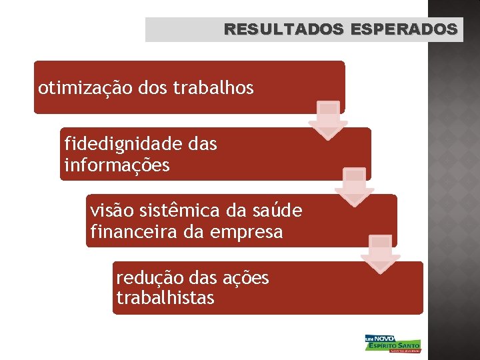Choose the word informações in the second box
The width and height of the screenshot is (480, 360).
tap(117, 165)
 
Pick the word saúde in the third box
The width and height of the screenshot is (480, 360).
tap(277, 211)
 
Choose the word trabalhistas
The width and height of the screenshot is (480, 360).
tap(165, 298)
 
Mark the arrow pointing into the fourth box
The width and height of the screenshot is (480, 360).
tap(381, 253)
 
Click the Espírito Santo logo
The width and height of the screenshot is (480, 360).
tap(393, 343)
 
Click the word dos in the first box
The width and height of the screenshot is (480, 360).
tap(154, 88)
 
